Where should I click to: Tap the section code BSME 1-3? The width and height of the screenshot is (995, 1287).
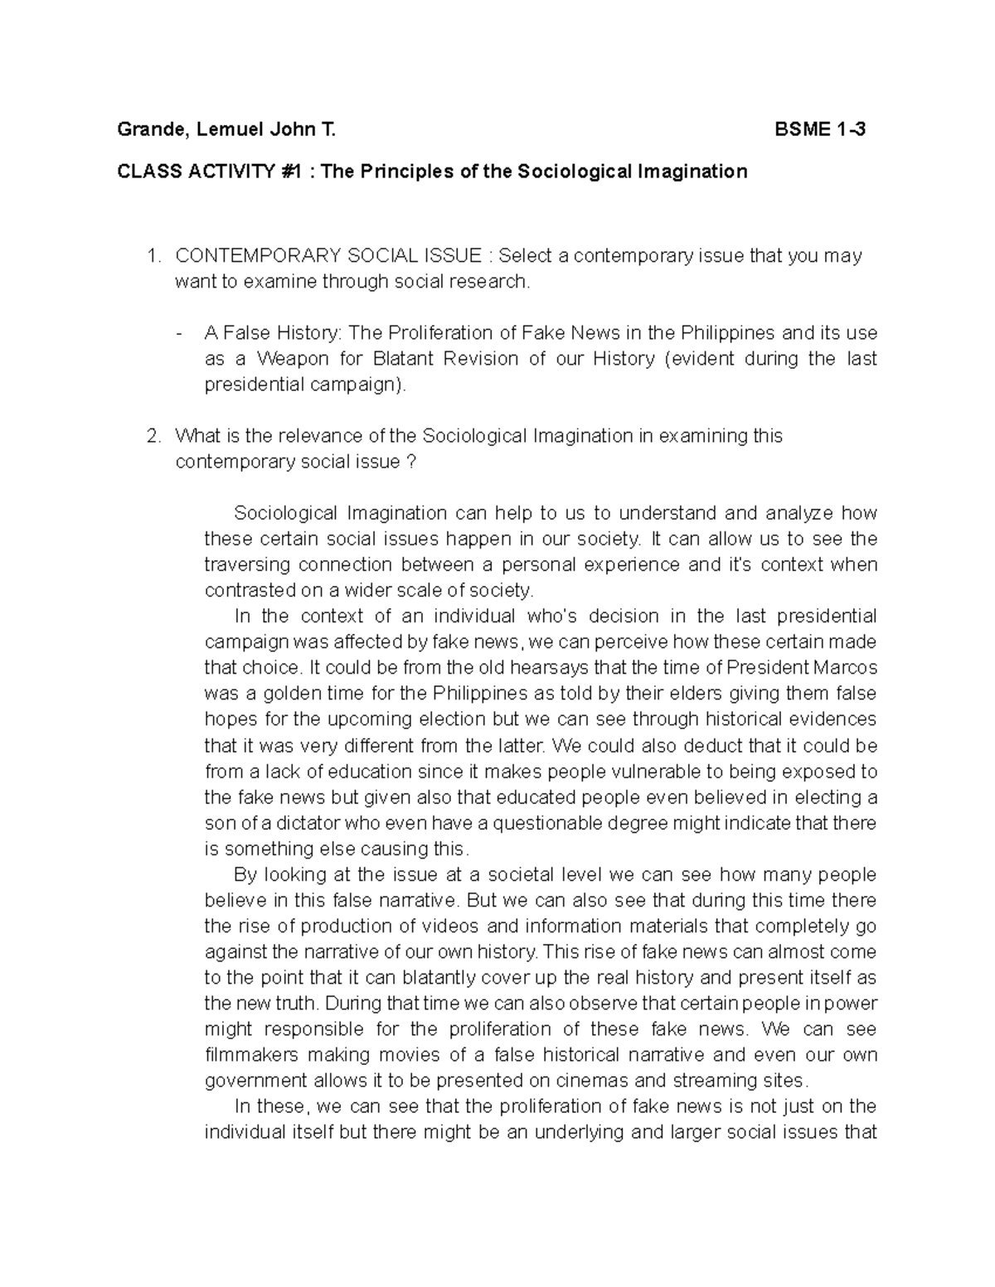tap(820, 129)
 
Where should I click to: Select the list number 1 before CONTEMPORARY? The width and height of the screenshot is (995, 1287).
tap(151, 256)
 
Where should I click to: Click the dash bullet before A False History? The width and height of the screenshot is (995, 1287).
tap(180, 334)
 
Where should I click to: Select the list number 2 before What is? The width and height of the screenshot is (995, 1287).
tap(151, 436)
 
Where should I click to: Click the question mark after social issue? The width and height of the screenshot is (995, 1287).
tap(412, 462)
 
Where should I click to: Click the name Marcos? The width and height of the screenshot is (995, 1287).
tap(845, 668)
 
